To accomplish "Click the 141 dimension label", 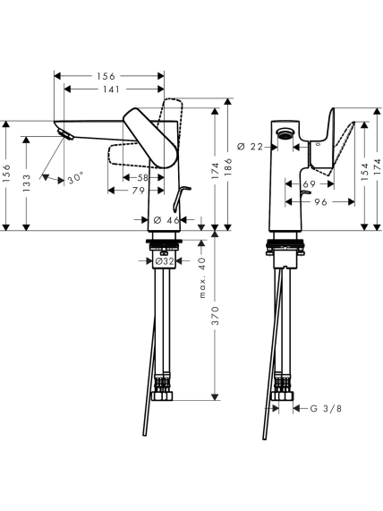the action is (x=111, y=89).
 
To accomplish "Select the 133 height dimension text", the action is (x=27, y=183).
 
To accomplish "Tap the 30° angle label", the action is (x=76, y=179).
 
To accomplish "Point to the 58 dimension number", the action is (x=142, y=177).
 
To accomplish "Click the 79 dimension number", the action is (x=138, y=191).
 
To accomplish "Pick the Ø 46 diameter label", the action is (x=166, y=220).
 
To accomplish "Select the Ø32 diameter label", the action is (x=165, y=261).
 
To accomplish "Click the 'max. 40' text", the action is (x=202, y=277).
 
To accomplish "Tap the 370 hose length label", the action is (x=215, y=316).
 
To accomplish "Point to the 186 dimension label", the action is (x=228, y=167).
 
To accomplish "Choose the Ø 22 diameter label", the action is (x=250, y=147).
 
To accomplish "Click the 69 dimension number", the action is (x=310, y=184).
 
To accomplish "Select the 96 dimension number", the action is (x=320, y=202).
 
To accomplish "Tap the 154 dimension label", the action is (x=365, y=172).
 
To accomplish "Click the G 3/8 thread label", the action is (x=326, y=408).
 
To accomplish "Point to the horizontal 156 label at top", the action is (x=106, y=76).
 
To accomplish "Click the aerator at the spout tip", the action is (x=65, y=134).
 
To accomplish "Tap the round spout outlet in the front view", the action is (x=285, y=132).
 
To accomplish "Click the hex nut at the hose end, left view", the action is (x=163, y=396).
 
